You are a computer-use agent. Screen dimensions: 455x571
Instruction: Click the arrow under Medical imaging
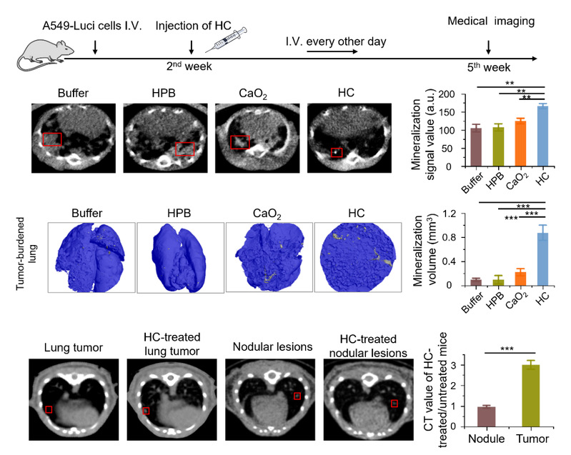click(x=488, y=46)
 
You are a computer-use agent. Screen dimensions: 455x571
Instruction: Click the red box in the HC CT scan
click(x=337, y=152)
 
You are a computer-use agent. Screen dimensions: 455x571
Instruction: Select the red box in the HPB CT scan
click(x=185, y=149)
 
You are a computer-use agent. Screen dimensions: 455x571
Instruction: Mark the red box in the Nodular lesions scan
click(x=297, y=395)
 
